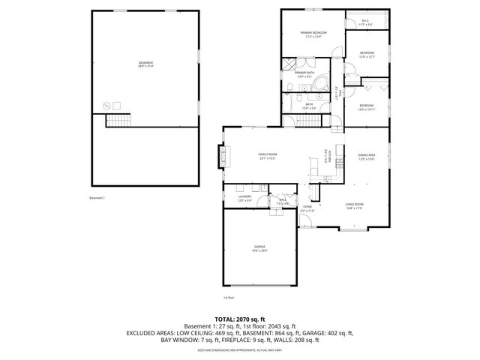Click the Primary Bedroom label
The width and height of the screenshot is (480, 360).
coord(313,34)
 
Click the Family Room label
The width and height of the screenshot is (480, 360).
coord(268,156)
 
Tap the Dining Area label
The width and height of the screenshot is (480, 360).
coord(366,157)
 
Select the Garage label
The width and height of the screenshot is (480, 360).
coord(259,248)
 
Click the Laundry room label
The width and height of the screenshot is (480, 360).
coord(245,199)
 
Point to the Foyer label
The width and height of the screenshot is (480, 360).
coord(308,208)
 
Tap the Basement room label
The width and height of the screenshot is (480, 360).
coord(145,64)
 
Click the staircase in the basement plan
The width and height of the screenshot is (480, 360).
coord(118,121)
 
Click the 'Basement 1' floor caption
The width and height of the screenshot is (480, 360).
coord(97,198)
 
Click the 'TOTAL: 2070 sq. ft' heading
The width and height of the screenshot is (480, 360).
coord(239,318)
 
